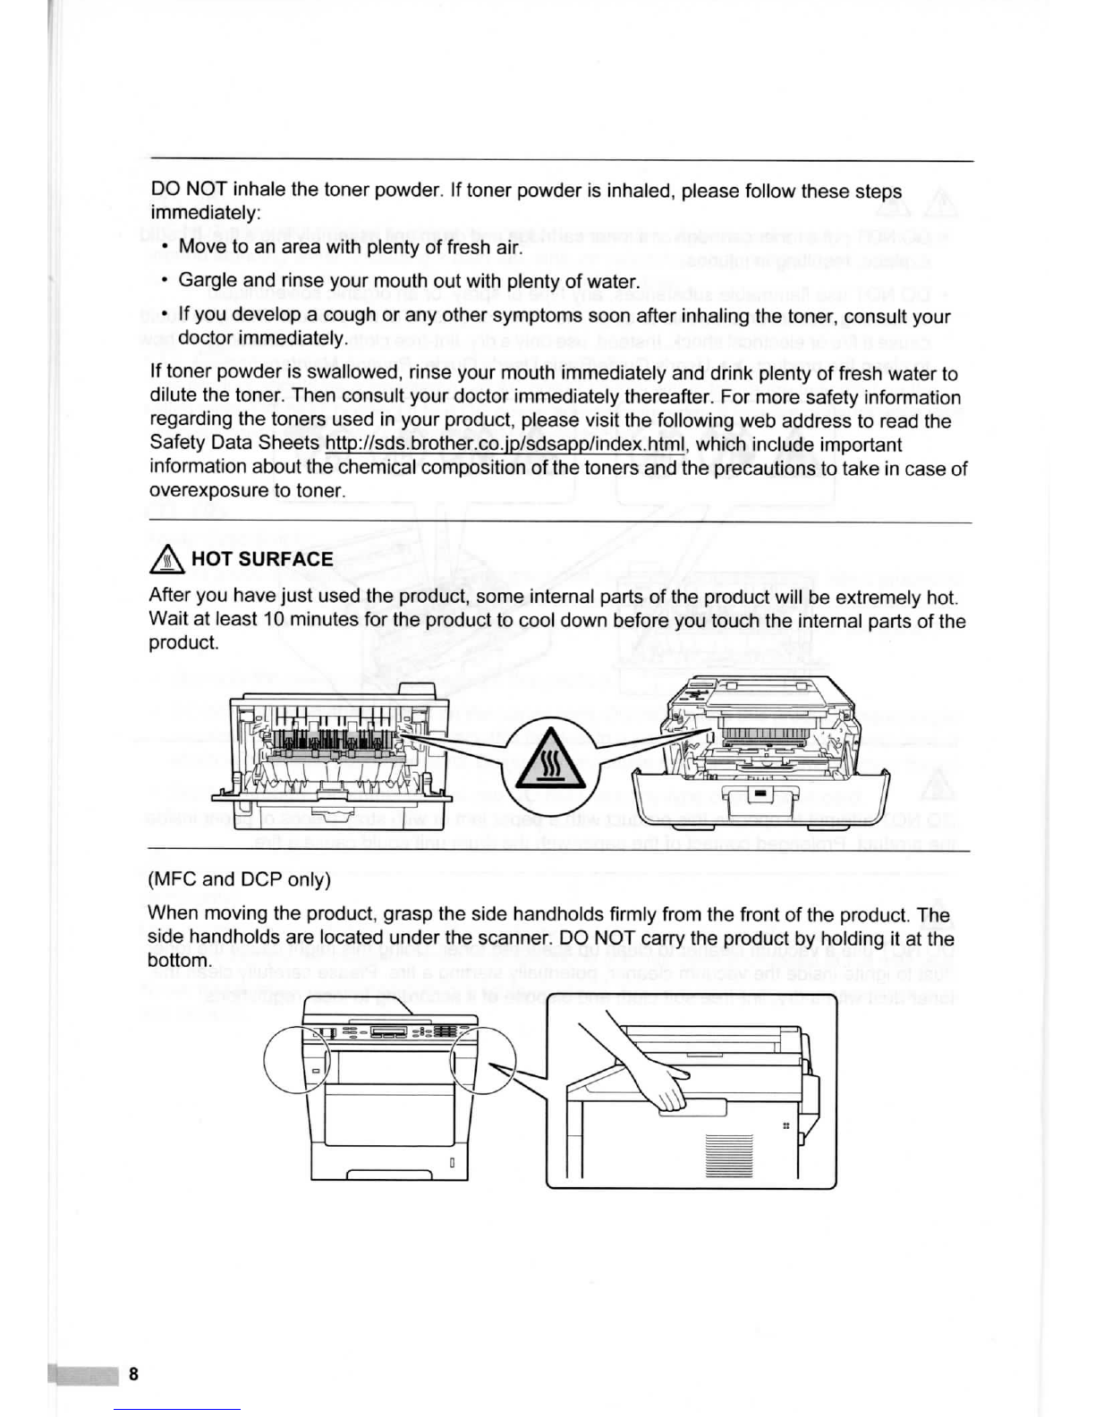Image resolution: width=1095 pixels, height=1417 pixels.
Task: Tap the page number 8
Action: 133,1374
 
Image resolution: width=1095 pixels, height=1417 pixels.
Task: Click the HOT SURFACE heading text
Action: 262,559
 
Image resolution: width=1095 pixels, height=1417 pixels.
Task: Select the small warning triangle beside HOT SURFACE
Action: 169,560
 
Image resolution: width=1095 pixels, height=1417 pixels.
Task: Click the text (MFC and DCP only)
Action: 239,879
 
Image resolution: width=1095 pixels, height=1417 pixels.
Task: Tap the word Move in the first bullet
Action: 202,246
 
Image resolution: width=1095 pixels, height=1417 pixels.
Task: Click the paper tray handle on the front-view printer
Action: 377,1173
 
